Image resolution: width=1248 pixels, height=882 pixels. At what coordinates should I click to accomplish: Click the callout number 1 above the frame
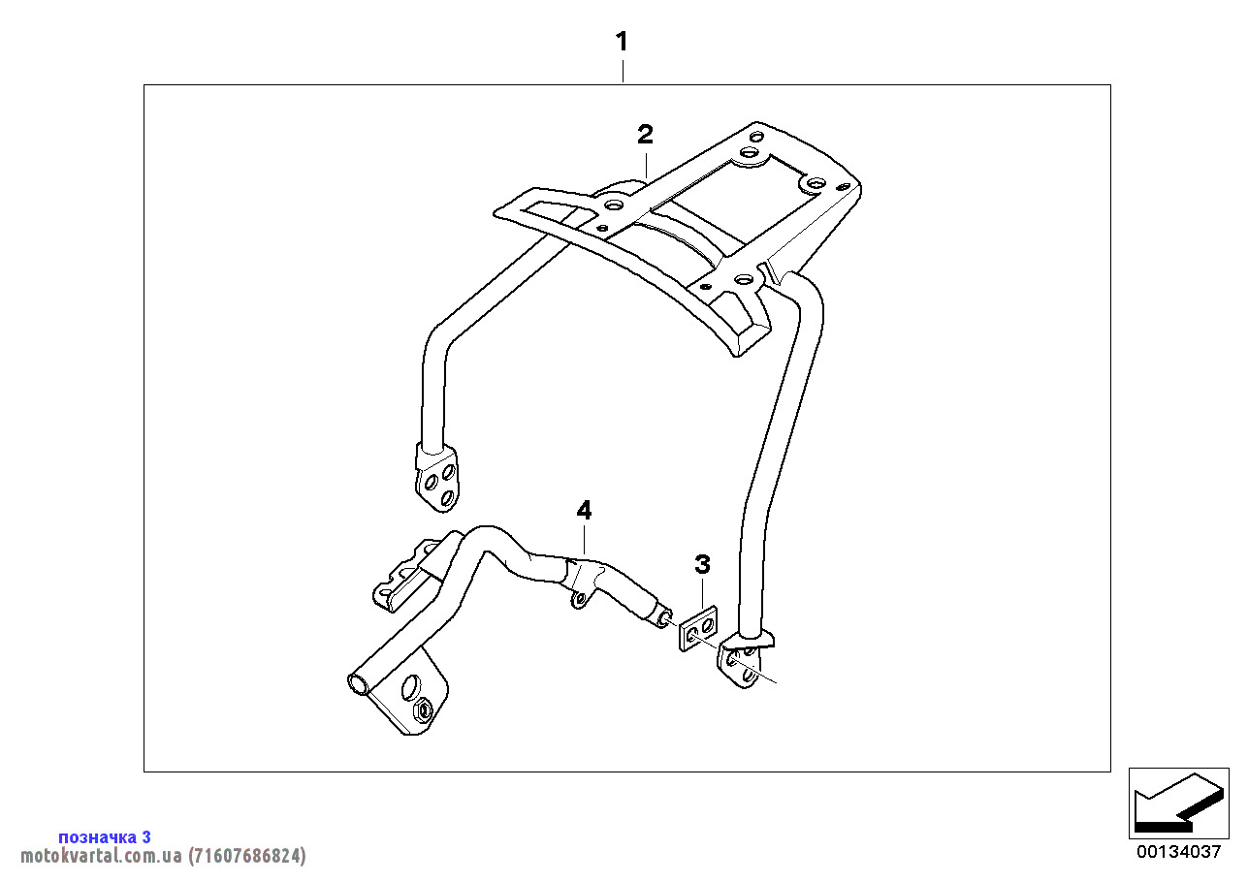622,42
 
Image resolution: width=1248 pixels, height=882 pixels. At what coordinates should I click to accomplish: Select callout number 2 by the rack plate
645,134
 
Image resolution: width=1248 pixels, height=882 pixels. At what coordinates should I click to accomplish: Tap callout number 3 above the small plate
702,564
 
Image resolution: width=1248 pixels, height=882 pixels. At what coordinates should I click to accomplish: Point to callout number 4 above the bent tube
583,510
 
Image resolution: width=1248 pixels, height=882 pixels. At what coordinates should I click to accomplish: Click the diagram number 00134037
1178,852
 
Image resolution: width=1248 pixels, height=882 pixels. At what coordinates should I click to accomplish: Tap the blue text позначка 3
104,836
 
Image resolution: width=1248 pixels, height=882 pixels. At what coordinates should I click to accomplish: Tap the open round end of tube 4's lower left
358,683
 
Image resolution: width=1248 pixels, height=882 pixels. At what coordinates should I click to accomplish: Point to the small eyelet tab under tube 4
579,600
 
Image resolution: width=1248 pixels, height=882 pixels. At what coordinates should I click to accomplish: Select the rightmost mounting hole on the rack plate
813,181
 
